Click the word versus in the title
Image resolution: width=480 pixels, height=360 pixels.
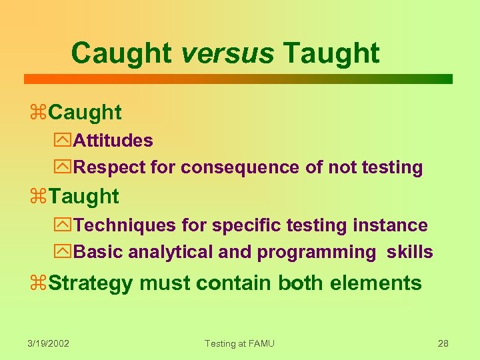click(x=227, y=53)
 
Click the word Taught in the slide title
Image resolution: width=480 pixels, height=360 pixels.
click(x=331, y=53)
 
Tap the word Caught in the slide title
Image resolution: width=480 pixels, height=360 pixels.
click(x=122, y=53)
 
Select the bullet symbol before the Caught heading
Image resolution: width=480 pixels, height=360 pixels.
click(x=39, y=113)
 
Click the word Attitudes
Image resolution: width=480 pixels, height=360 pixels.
click(x=113, y=141)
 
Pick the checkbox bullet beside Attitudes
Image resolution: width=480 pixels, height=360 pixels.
click(x=63, y=141)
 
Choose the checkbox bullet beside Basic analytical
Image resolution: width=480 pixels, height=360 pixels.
click(x=63, y=253)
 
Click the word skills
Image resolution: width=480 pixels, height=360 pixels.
click(x=409, y=252)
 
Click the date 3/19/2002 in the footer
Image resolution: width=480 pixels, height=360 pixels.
click(x=49, y=343)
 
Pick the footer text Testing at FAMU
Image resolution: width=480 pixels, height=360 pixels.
click(x=239, y=343)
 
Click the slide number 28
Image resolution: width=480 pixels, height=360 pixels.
click(x=443, y=343)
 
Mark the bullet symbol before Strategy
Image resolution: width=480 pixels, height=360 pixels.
click(x=39, y=283)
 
